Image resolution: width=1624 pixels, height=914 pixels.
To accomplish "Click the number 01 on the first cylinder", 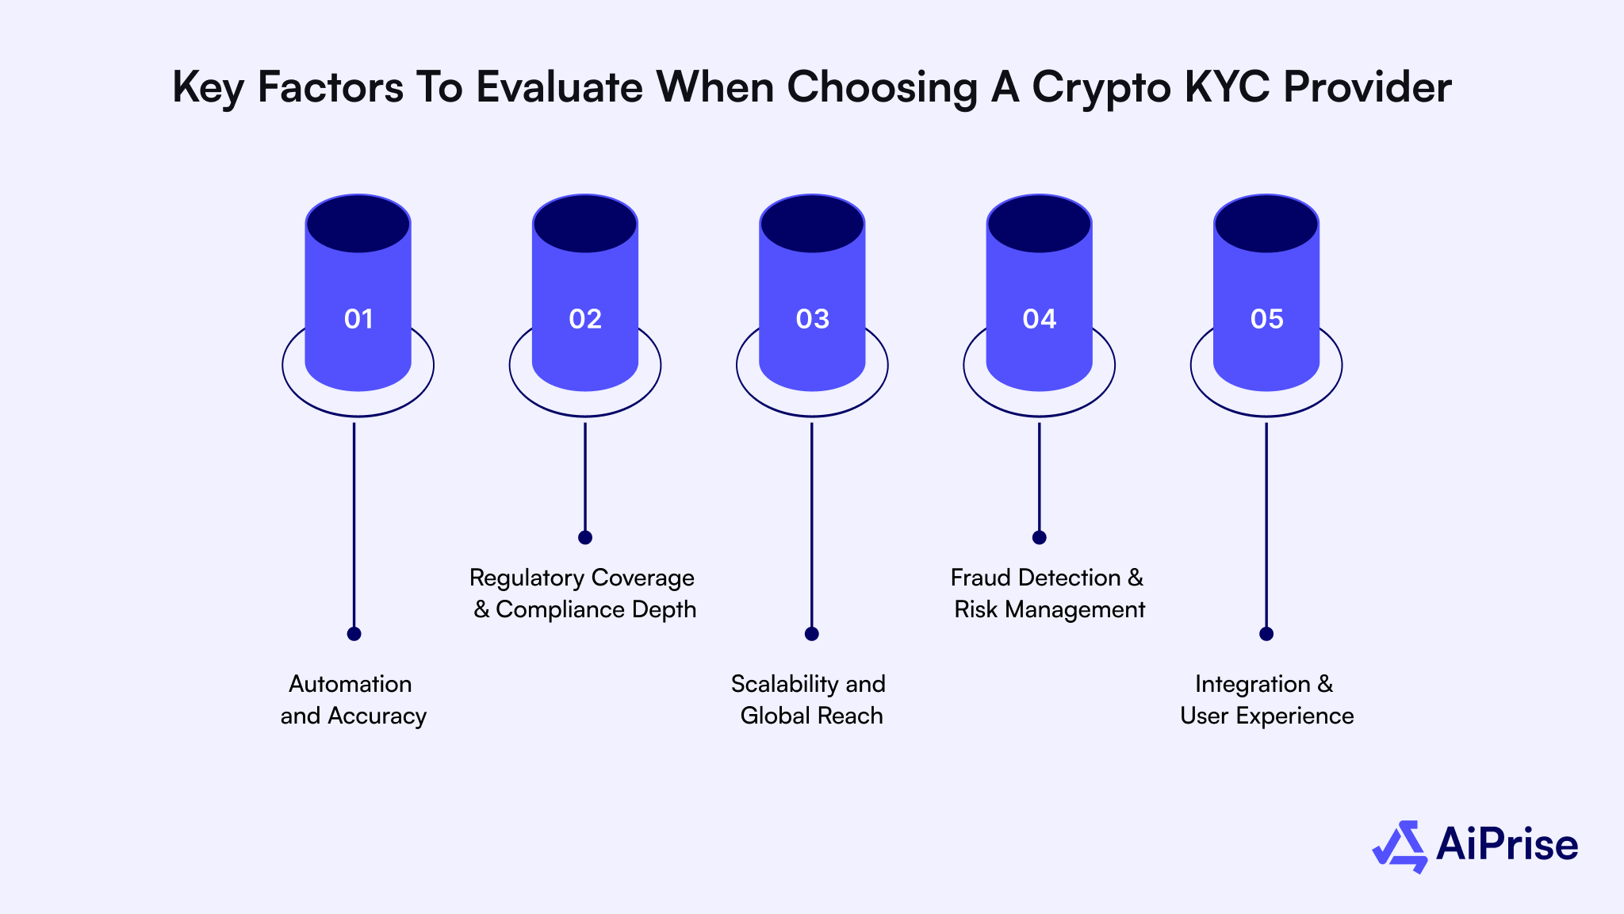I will pos(358,319).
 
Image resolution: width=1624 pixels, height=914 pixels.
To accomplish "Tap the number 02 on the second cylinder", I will pos(585,319).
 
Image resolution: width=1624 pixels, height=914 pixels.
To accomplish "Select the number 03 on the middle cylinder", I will pos(812,319).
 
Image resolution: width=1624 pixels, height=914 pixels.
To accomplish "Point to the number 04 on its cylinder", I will pos(1039,319).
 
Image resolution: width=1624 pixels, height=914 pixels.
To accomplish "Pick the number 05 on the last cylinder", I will pos(1266,319).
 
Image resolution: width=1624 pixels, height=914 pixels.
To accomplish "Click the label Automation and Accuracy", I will pos(353,700).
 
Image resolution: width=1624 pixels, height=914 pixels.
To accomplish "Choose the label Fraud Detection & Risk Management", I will pos(1048,593).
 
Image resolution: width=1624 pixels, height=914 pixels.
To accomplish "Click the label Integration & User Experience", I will pos(1266,700).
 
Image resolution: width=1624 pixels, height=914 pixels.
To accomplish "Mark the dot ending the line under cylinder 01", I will pos(354,634).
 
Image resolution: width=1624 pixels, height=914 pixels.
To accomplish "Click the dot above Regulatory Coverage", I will pos(585,537).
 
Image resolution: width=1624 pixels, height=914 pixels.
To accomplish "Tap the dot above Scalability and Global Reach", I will pos(811,634).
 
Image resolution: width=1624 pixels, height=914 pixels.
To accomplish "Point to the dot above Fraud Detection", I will pos(1039,537).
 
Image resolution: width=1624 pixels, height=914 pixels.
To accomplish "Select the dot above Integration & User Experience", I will pos(1266,634).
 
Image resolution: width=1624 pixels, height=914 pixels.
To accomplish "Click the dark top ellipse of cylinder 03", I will pos(812,224).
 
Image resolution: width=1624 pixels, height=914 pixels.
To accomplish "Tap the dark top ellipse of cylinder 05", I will pos(1266,224).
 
